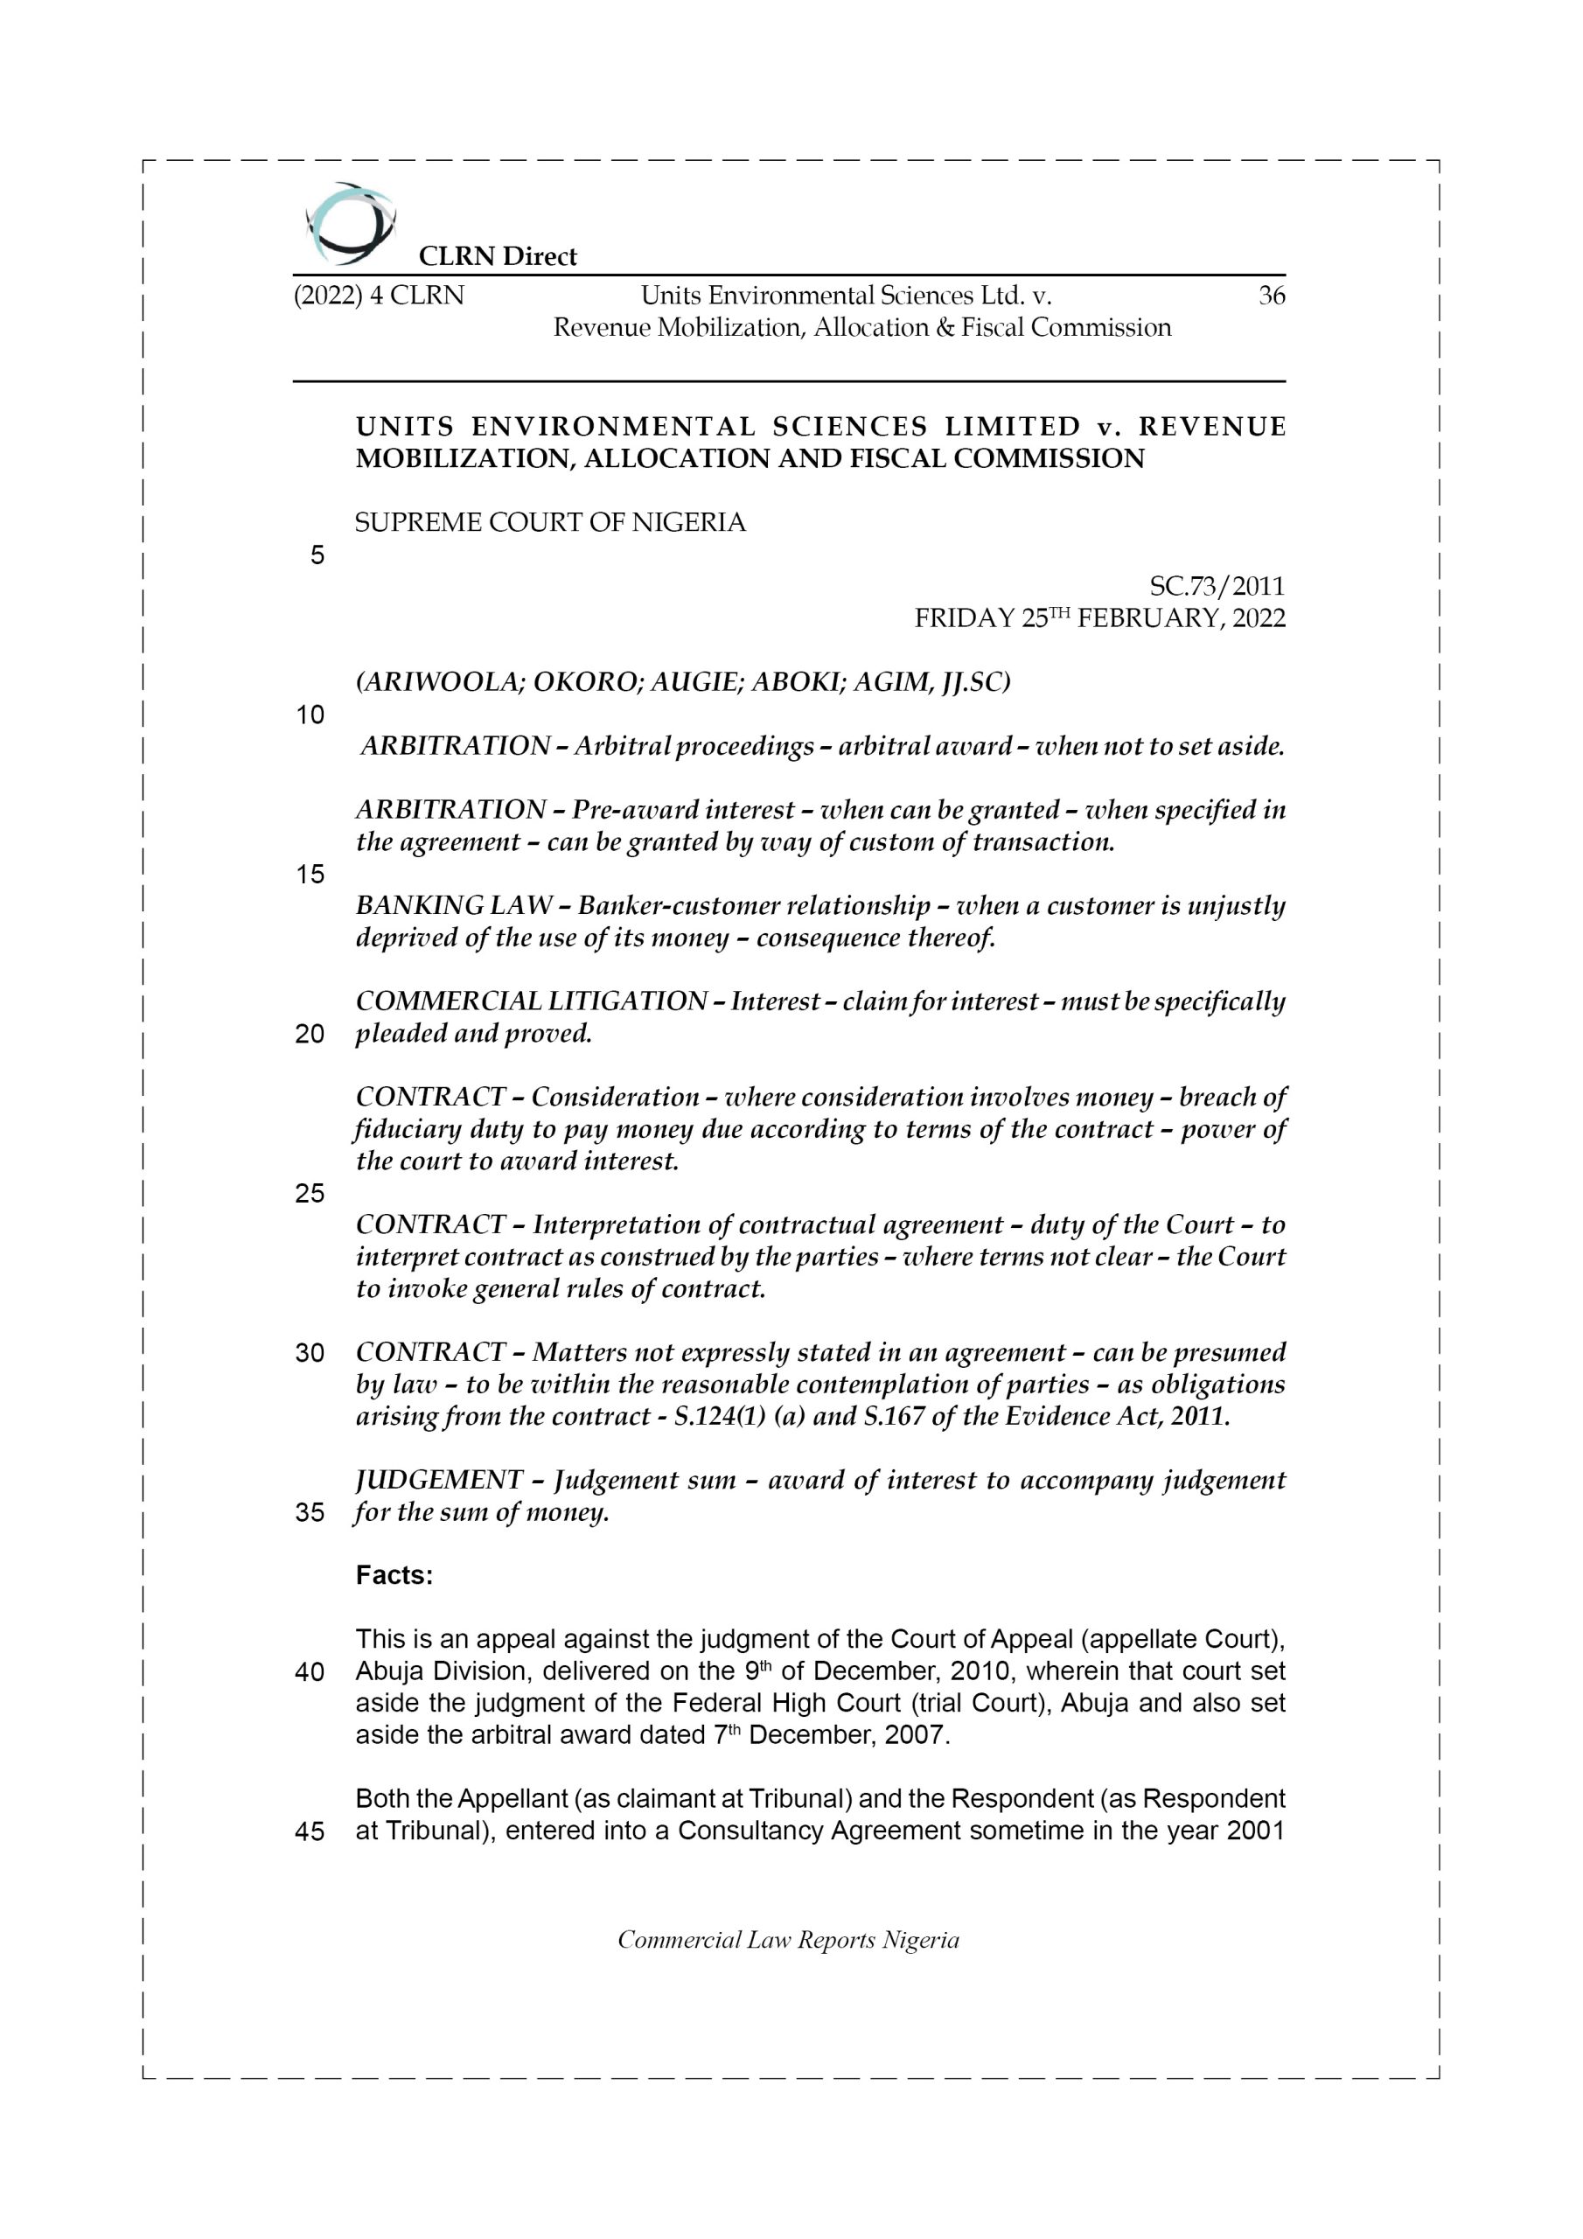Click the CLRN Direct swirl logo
pyautogui.click(x=350, y=224)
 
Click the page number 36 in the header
pyautogui.click(x=1271, y=296)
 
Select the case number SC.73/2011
pyautogui.click(x=1217, y=586)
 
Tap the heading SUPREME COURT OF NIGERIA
pyautogui.click(x=550, y=523)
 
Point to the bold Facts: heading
pyautogui.click(x=394, y=1576)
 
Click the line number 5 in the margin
pyautogui.click(x=317, y=556)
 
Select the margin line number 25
pyautogui.click(x=310, y=1194)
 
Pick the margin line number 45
pyautogui.click(x=310, y=1831)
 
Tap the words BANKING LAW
pyautogui.click(x=454, y=906)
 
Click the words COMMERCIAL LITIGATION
pyautogui.click(x=532, y=1001)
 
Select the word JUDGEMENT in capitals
pyautogui.click(x=439, y=1481)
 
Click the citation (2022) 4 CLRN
pyautogui.click(x=379, y=296)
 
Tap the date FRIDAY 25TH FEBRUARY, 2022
pyautogui.click(x=1099, y=618)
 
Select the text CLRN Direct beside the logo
pyautogui.click(x=498, y=256)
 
